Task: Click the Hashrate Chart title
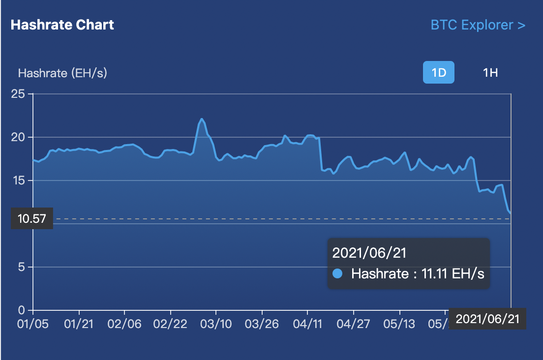click(62, 25)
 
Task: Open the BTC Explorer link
click(478, 25)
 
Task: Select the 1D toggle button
click(439, 73)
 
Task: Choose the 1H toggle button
click(490, 73)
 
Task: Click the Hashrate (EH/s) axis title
click(62, 73)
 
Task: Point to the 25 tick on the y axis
click(18, 93)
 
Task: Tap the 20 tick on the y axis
click(18, 137)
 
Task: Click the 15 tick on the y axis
click(18, 180)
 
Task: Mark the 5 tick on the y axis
click(21, 267)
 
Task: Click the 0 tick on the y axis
click(21, 310)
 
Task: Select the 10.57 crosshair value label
click(31, 219)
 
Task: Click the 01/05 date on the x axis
click(33, 324)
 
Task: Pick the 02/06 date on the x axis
click(125, 324)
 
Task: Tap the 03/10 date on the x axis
click(216, 324)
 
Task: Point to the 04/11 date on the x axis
click(307, 324)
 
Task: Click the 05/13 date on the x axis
click(399, 324)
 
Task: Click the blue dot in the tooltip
click(337, 274)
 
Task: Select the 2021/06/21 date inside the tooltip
click(369, 253)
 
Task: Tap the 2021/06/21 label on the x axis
click(487, 319)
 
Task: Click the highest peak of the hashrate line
click(202, 119)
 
